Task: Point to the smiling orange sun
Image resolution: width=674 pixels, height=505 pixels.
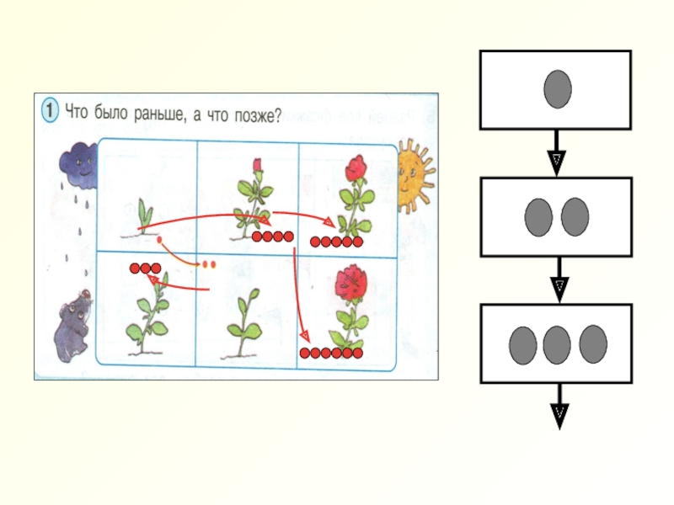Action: point(413,175)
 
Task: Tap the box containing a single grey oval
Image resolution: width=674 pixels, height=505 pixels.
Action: point(555,89)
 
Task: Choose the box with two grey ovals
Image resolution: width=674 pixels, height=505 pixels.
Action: point(555,216)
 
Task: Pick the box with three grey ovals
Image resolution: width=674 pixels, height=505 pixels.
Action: point(555,343)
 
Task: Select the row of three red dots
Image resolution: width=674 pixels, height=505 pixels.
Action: point(145,268)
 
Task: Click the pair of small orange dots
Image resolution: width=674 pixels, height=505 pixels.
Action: point(208,264)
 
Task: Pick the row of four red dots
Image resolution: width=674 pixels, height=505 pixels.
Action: point(273,237)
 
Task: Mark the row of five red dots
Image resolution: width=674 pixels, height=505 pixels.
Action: point(336,242)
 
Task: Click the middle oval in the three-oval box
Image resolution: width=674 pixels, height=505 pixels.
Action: point(556,343)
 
